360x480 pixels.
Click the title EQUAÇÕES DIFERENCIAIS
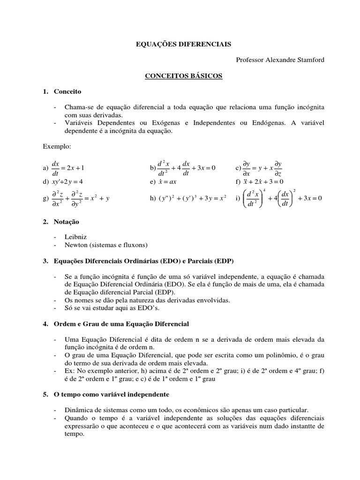tap(180, 44)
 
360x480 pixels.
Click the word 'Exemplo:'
tap(56, 147)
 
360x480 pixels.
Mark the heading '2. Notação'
tap(61, 221)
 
